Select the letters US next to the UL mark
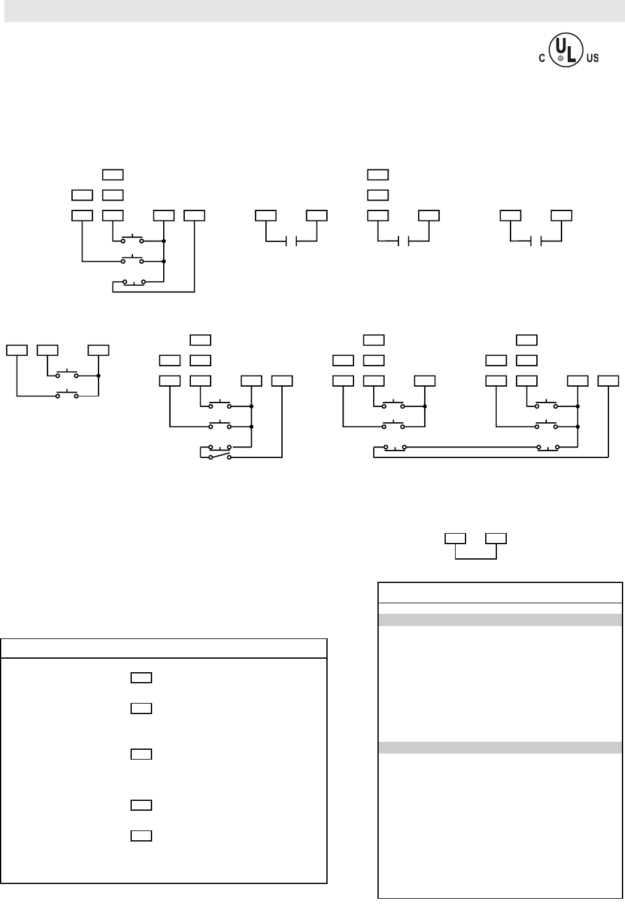coord(592,58)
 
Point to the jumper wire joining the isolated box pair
coord(475,558)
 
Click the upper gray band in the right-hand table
coord(499,620)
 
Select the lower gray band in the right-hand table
coord(499,747)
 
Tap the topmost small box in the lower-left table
coord(141,678)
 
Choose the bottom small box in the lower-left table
coord(141,835)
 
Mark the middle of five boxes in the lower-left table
coord(141,753)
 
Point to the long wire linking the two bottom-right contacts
coord(471,446)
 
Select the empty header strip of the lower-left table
coord(163,649)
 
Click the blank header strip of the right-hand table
coord(499,592)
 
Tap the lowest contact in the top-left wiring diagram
coord(134,282)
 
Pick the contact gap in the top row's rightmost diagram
coord(536,240)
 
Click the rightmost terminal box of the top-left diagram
coord(195,215)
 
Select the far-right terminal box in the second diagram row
coord(608,380)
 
